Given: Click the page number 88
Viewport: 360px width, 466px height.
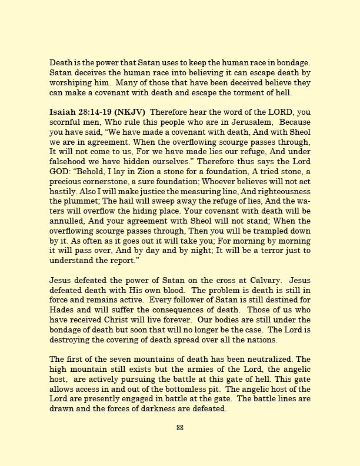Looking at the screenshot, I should tap(180, 428).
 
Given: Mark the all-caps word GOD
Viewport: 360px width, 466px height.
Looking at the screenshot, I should tap(62, 171).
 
